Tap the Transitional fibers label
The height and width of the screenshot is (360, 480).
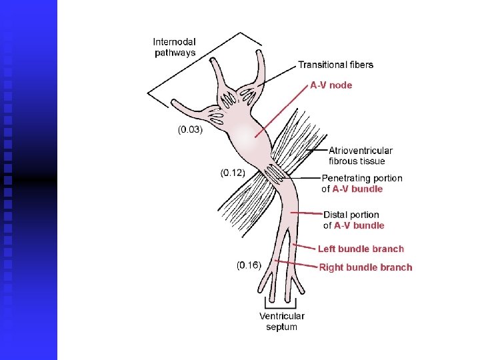tap(335, 65)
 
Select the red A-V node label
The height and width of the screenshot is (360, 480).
tap(331, 85)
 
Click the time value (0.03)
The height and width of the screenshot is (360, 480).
tap(190, 129)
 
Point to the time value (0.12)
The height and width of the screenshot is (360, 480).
tap(233, 173)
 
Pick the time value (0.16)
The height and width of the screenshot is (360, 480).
tap(249, 265)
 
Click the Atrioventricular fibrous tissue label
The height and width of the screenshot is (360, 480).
tap(361, 155)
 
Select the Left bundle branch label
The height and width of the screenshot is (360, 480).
tap(361, 249)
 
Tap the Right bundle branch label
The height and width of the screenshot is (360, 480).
tap(366, 267)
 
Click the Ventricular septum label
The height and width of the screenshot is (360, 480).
tap(282, 321)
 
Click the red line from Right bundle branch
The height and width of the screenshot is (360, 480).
tap(297, 265)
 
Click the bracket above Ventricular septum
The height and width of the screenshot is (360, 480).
tap(282, 305)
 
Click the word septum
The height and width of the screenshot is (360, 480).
tap(282, 327)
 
